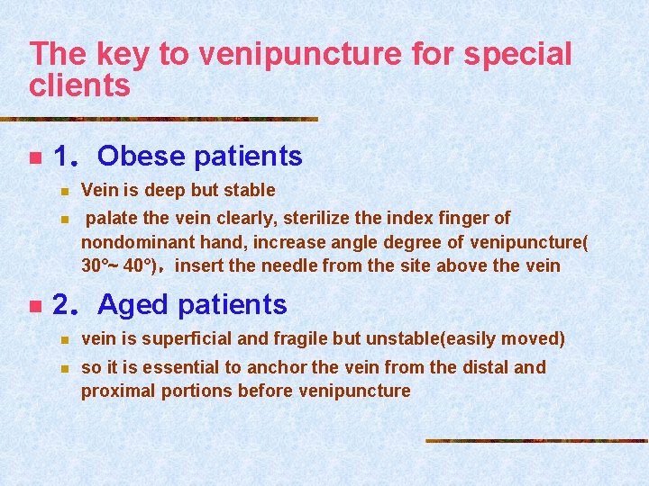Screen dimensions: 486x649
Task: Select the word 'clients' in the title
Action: pos(80,85)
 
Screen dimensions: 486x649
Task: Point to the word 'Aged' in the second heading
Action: pos(134,305)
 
